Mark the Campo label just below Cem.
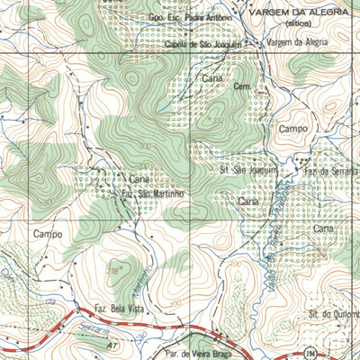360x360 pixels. [x=293, y=129]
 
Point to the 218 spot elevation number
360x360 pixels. [x=113, y=269]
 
